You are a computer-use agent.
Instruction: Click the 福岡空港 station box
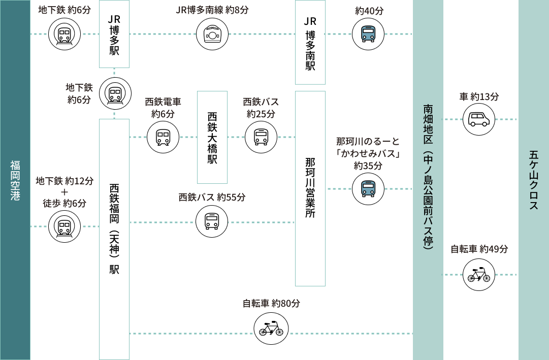click(15, 180)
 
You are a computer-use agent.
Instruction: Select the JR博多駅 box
click(114, 34)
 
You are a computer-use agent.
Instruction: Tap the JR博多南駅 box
click(310, 43)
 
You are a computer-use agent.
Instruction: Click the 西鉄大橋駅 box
click(212, 137)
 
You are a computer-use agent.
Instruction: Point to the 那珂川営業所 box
click(310, 188)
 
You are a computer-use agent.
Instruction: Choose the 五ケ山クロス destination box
click(533, 180)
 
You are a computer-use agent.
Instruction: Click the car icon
click(479, 119)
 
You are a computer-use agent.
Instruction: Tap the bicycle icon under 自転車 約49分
click(479, 275)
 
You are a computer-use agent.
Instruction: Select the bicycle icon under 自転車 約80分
click(271, 329)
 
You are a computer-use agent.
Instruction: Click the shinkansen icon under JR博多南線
click(212, 34)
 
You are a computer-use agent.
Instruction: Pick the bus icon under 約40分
click(368, 34)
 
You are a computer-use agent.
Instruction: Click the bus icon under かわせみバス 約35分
click(368, 188)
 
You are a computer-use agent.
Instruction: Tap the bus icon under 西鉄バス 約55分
click(212, 221)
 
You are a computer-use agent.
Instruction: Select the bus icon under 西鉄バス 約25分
click(261, 137)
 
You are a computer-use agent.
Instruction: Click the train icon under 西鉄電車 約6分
click(163, 137)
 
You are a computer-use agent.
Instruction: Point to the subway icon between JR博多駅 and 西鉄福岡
click(115, 93)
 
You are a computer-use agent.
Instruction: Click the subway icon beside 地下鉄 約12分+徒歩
click(64, 226)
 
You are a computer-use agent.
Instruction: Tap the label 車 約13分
click(479, 96)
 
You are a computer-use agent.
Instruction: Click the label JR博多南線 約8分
click(212, 10)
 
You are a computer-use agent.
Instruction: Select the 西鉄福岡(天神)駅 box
click(114, 239)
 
